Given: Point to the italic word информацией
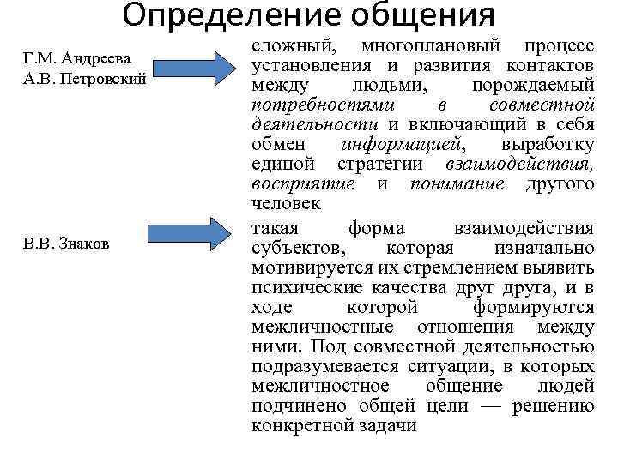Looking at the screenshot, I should [403, 144].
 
